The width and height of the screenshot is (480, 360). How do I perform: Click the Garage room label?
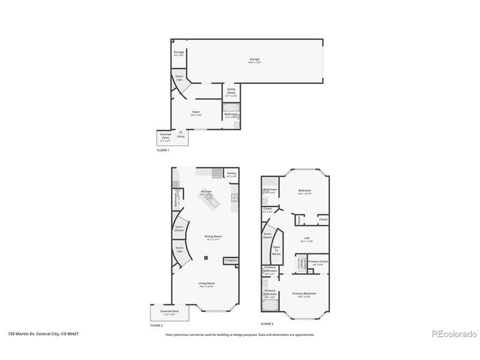pos(254,60)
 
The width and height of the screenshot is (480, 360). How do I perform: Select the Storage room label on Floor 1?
pos(179,53)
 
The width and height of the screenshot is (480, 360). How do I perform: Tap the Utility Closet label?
pos(231,93)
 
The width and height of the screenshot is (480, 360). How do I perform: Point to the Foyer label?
pos(194,113)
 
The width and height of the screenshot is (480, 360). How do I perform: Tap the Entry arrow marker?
pos(180,136)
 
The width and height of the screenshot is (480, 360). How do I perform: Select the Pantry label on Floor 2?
pos(232,175)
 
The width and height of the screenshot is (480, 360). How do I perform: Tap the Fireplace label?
pos(231,260)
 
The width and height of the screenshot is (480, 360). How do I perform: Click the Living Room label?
pos(206,284)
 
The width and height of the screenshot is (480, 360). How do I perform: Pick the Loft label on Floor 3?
pos(305,240)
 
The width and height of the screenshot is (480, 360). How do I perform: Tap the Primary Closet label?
pos(317,262)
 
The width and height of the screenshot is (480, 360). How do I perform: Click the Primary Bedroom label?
pos(304,294)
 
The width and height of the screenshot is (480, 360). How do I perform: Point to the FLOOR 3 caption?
pos(268,323)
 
